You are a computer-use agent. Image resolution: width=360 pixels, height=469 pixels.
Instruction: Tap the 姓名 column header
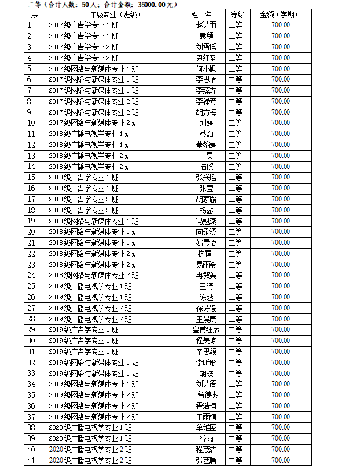point(207,14)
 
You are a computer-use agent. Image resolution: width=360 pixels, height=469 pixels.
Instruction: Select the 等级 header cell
point(235,14)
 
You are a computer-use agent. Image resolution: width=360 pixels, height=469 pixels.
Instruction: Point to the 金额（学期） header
point(280,14)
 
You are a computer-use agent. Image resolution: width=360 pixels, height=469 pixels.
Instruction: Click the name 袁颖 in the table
point(207,36)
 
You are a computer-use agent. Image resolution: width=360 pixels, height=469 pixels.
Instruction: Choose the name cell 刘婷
point(207,123)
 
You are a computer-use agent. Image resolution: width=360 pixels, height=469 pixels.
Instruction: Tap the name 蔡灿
point(207,134)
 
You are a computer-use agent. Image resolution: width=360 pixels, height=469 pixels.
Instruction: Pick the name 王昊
point(207,156)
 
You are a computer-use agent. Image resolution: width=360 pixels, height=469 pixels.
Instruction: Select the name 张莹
point(207,188)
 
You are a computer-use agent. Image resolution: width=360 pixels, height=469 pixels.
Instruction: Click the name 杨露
point(207,210)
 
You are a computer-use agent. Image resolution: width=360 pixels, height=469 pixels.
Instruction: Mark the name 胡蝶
point(207,373)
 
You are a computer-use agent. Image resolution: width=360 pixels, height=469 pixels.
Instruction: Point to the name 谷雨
point(207,438)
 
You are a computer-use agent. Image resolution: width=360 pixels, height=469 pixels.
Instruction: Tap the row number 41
point(31,460)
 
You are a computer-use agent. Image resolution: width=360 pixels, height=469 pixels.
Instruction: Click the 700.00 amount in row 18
point(280,210)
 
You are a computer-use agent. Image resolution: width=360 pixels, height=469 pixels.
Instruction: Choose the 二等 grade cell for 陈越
point(235,297)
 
